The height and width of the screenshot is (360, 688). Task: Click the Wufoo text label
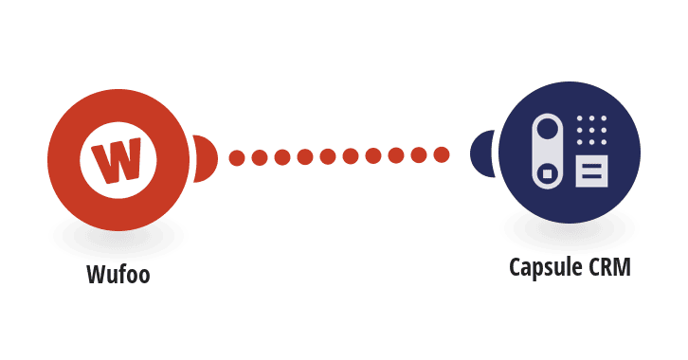[118, 275]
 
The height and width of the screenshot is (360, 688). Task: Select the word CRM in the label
[609, 266]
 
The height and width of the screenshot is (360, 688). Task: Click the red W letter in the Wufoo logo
[117, 160]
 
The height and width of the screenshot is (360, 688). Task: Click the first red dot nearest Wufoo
[237, 158]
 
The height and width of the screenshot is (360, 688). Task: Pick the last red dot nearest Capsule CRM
[442, 154]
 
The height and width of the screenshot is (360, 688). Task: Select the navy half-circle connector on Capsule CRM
[482, 153]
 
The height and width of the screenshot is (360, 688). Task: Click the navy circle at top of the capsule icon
[547, 131]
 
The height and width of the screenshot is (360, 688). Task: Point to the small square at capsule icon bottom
[547, 174]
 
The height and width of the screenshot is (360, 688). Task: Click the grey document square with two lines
[591, 171]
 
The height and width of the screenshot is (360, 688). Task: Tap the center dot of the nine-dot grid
[591, 130]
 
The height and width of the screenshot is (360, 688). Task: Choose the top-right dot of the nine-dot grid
[604, 118]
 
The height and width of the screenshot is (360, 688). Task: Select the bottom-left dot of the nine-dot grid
[580, 142]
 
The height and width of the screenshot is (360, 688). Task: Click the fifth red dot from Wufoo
[328, 156]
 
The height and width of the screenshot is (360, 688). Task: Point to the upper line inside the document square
[591, 167]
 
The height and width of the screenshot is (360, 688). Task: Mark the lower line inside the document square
[591, 176]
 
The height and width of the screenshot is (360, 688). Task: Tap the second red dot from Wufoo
[260, 157]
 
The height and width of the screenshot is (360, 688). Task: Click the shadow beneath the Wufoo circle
[118, 239]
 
